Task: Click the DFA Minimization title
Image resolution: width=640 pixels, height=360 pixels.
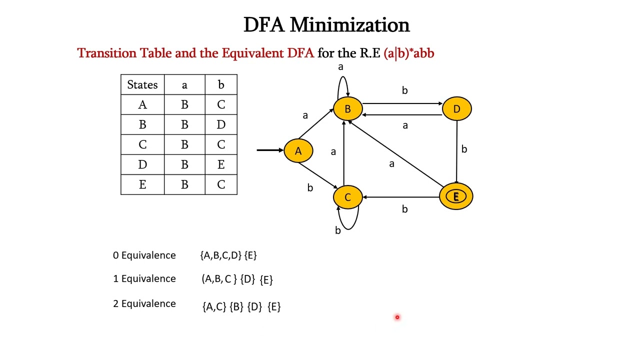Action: coord(326,24)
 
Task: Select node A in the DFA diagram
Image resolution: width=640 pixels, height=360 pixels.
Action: coord(298,151)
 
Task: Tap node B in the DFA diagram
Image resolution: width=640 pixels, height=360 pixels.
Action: coord(347,109)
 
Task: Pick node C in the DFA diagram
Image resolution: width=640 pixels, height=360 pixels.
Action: coord(347,197)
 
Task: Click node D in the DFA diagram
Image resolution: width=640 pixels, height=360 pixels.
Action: coord(456,109)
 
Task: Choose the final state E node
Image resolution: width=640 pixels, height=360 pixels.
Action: coord(456,196)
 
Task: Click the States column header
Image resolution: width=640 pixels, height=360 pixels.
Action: coord(142,85)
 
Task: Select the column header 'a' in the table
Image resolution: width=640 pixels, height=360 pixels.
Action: coord(184,85)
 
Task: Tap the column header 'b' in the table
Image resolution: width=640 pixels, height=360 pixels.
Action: coord(221,85)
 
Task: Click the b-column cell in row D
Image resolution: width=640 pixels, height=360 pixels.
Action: coord(221,164)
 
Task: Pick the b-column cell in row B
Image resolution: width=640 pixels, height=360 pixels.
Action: coord(221,124)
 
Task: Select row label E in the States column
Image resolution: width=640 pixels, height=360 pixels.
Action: coord(142,184)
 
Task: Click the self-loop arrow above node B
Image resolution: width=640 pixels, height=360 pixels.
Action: coord(342,82)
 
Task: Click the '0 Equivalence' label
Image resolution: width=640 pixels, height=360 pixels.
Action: coord(144,255)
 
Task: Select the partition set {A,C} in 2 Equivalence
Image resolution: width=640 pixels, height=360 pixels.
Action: coord(214,306)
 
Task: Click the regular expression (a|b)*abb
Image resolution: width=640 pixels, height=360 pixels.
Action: coord(408,53)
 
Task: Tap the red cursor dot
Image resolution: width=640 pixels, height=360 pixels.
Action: coord(397,317)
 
